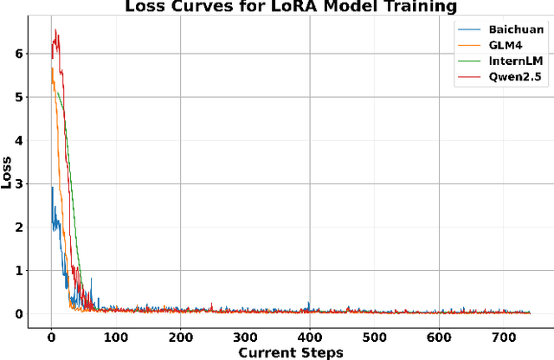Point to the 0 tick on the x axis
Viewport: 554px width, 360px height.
point(51,337)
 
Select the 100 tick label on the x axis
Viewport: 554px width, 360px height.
point(116,337)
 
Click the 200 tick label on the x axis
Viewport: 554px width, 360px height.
point(180,337)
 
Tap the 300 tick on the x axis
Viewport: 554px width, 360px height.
point(245,337)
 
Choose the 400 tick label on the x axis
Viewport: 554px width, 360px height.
point(310,337)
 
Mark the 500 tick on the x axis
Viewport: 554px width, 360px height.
point(374,337)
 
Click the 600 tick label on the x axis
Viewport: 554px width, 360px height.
point(439,337)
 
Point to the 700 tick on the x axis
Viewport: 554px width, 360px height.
point(504,337)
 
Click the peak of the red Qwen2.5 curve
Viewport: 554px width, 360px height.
point(55,30)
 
